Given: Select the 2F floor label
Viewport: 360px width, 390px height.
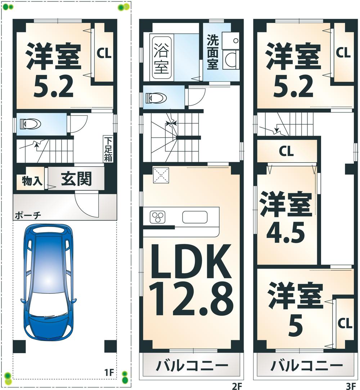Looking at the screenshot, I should [x=236, y=386].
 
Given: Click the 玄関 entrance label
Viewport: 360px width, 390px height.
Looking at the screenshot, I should [x=76, y=179].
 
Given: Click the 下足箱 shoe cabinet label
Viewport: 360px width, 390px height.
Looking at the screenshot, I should [x=108, y=149].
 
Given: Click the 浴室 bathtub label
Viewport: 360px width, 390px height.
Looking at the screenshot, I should [x=161, y=58].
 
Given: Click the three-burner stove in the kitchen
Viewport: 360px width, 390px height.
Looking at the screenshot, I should [x=157, y=217].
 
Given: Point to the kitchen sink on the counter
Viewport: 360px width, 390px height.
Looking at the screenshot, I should [x=195, y=217].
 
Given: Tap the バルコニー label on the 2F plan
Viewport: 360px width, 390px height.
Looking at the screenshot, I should [x=192, y=366].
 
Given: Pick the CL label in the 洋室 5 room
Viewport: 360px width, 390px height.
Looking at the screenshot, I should [x=345, y=323].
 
